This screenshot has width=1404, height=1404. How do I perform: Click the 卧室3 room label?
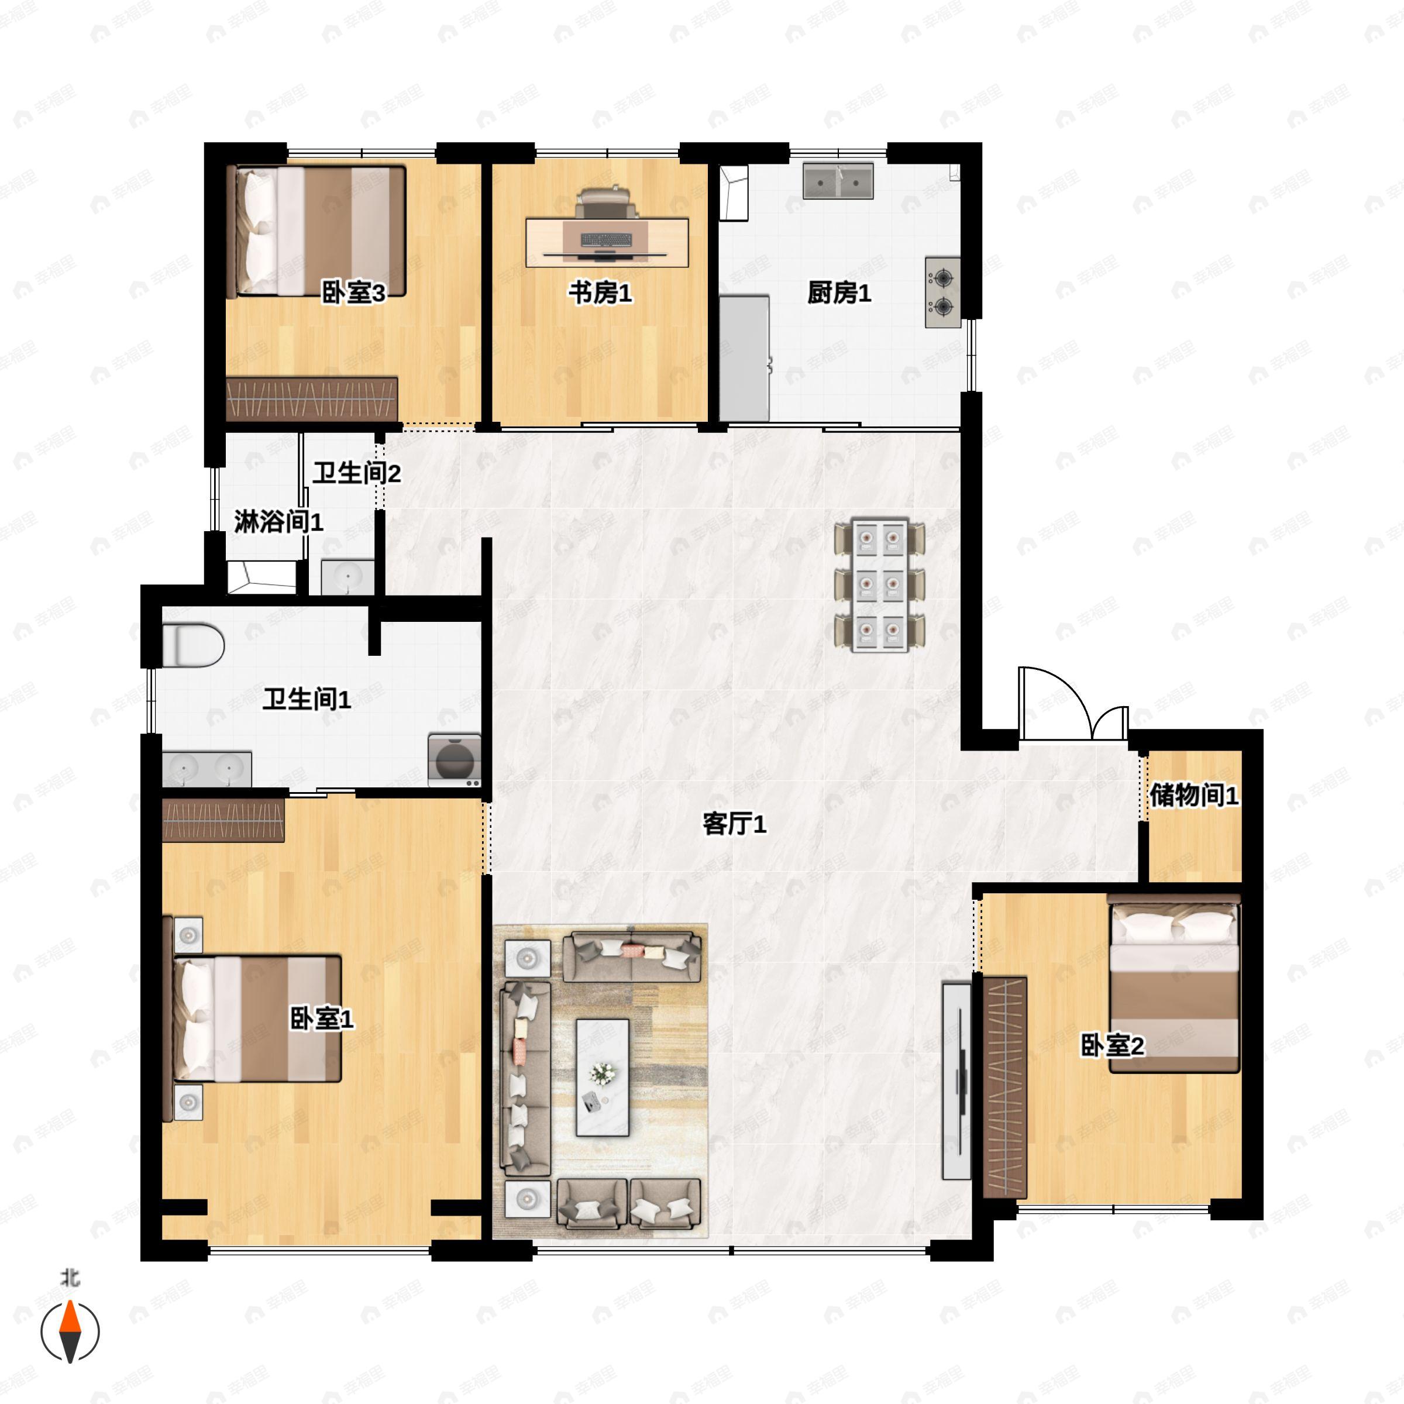click(x=353, y=293)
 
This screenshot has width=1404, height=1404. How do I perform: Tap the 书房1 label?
click(x=600, y=293)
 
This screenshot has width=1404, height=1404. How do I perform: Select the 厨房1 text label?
click(x=839, y=293)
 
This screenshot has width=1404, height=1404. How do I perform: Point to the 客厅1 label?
click(x=734, y=824)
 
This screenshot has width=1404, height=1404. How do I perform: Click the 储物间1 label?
click(x=1193, y=795)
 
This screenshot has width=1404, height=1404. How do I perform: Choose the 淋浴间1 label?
click(x=278, y=522)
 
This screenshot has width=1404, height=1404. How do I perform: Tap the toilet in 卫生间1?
click(x=192, y=645)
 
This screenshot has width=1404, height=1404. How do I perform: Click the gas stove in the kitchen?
click(x=942, y=292)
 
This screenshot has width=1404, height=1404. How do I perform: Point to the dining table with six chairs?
click(x=879, y=585)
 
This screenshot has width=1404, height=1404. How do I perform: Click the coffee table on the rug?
click(x=603, y=1077)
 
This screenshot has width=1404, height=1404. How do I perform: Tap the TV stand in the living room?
click(x=956, y=1080)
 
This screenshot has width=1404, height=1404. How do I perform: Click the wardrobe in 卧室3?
click(x=312, y=399)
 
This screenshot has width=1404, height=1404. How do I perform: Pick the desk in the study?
click(x=608, y=242)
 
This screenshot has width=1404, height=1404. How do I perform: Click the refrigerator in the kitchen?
click(x=744, y=357)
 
